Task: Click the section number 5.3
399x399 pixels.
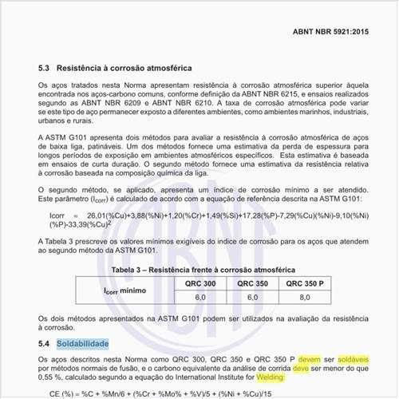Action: [45, 69]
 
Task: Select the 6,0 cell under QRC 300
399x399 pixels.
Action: [199, 297]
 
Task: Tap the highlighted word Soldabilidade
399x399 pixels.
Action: [83, 343]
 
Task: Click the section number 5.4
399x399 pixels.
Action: [45, 343]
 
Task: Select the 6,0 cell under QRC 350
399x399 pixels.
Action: [247, 297]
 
